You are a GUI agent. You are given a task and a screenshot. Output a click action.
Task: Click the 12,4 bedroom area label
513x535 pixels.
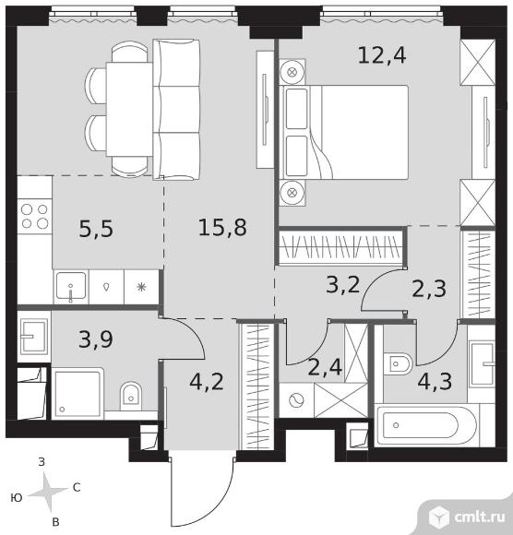pos(382,56)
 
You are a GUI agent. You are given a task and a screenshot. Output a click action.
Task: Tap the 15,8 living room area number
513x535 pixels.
pos(222,228)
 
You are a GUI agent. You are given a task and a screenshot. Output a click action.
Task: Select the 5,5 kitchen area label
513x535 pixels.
pos(96,229)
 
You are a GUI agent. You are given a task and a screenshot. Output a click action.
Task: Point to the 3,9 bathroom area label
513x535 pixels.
pos(96,339)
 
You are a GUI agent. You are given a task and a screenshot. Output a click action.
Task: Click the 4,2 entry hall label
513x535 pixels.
pos(207,382)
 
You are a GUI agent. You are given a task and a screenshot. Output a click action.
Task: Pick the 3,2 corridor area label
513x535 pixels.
pos(343,285)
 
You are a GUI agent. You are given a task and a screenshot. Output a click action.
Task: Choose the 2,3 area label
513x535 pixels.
pos(429,289)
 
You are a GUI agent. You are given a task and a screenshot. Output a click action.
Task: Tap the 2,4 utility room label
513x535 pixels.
pos(325,367)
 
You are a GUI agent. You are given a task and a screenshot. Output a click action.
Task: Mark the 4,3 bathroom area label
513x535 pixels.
pos(435,382)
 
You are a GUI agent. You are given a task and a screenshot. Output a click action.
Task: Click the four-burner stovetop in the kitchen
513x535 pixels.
pos(34,217)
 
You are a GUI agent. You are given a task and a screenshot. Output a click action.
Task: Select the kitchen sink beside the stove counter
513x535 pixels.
pos(71,287)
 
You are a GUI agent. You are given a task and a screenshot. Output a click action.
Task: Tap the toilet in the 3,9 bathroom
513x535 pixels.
pos(131,396)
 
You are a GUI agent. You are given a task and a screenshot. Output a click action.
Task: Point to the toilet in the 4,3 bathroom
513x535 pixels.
pos(398,364)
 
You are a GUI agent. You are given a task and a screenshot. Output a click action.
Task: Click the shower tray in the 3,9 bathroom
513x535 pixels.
pos(78,392)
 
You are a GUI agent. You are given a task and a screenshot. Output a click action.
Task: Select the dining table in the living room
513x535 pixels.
pos(129,109)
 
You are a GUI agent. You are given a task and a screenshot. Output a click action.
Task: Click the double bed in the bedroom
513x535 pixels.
pos(344,133)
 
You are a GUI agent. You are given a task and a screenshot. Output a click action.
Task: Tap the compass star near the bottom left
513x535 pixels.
pos(48,492)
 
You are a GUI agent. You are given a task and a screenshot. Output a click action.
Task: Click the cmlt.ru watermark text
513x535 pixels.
pos(479,517)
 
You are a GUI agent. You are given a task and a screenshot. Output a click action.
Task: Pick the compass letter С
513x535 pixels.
pos(77,488)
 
